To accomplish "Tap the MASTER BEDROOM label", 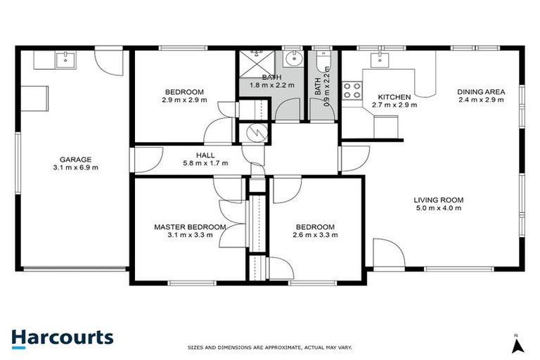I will pyautogui.click(x=190, y=227).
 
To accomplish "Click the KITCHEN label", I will pyautogui.click(x=394, y=98).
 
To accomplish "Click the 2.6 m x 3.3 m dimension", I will pyautogui.click(x=314, y=235).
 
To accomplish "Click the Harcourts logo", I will pyautogui.click(x=62, y=337).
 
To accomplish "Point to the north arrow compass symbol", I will pyautogui.click(x=517, y=344).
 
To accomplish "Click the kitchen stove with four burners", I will pyautogui.click(x=352, y=91).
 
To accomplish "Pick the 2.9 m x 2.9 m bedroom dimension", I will pyautogui.click(x=184, y=100).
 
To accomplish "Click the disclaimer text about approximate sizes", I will pyautogui.click(x=270, y=347).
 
